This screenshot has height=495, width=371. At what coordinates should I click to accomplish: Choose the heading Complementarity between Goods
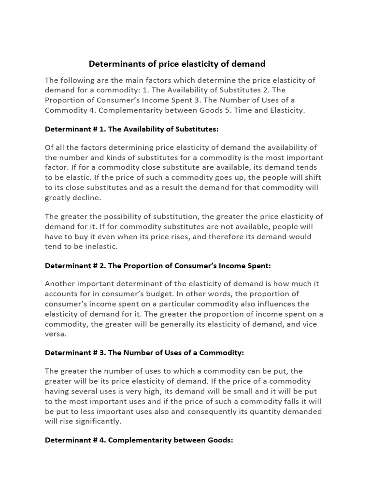coord(139,440)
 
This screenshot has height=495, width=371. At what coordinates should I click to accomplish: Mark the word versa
coord(55,334)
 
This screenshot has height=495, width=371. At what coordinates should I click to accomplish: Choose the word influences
coord(265,304)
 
